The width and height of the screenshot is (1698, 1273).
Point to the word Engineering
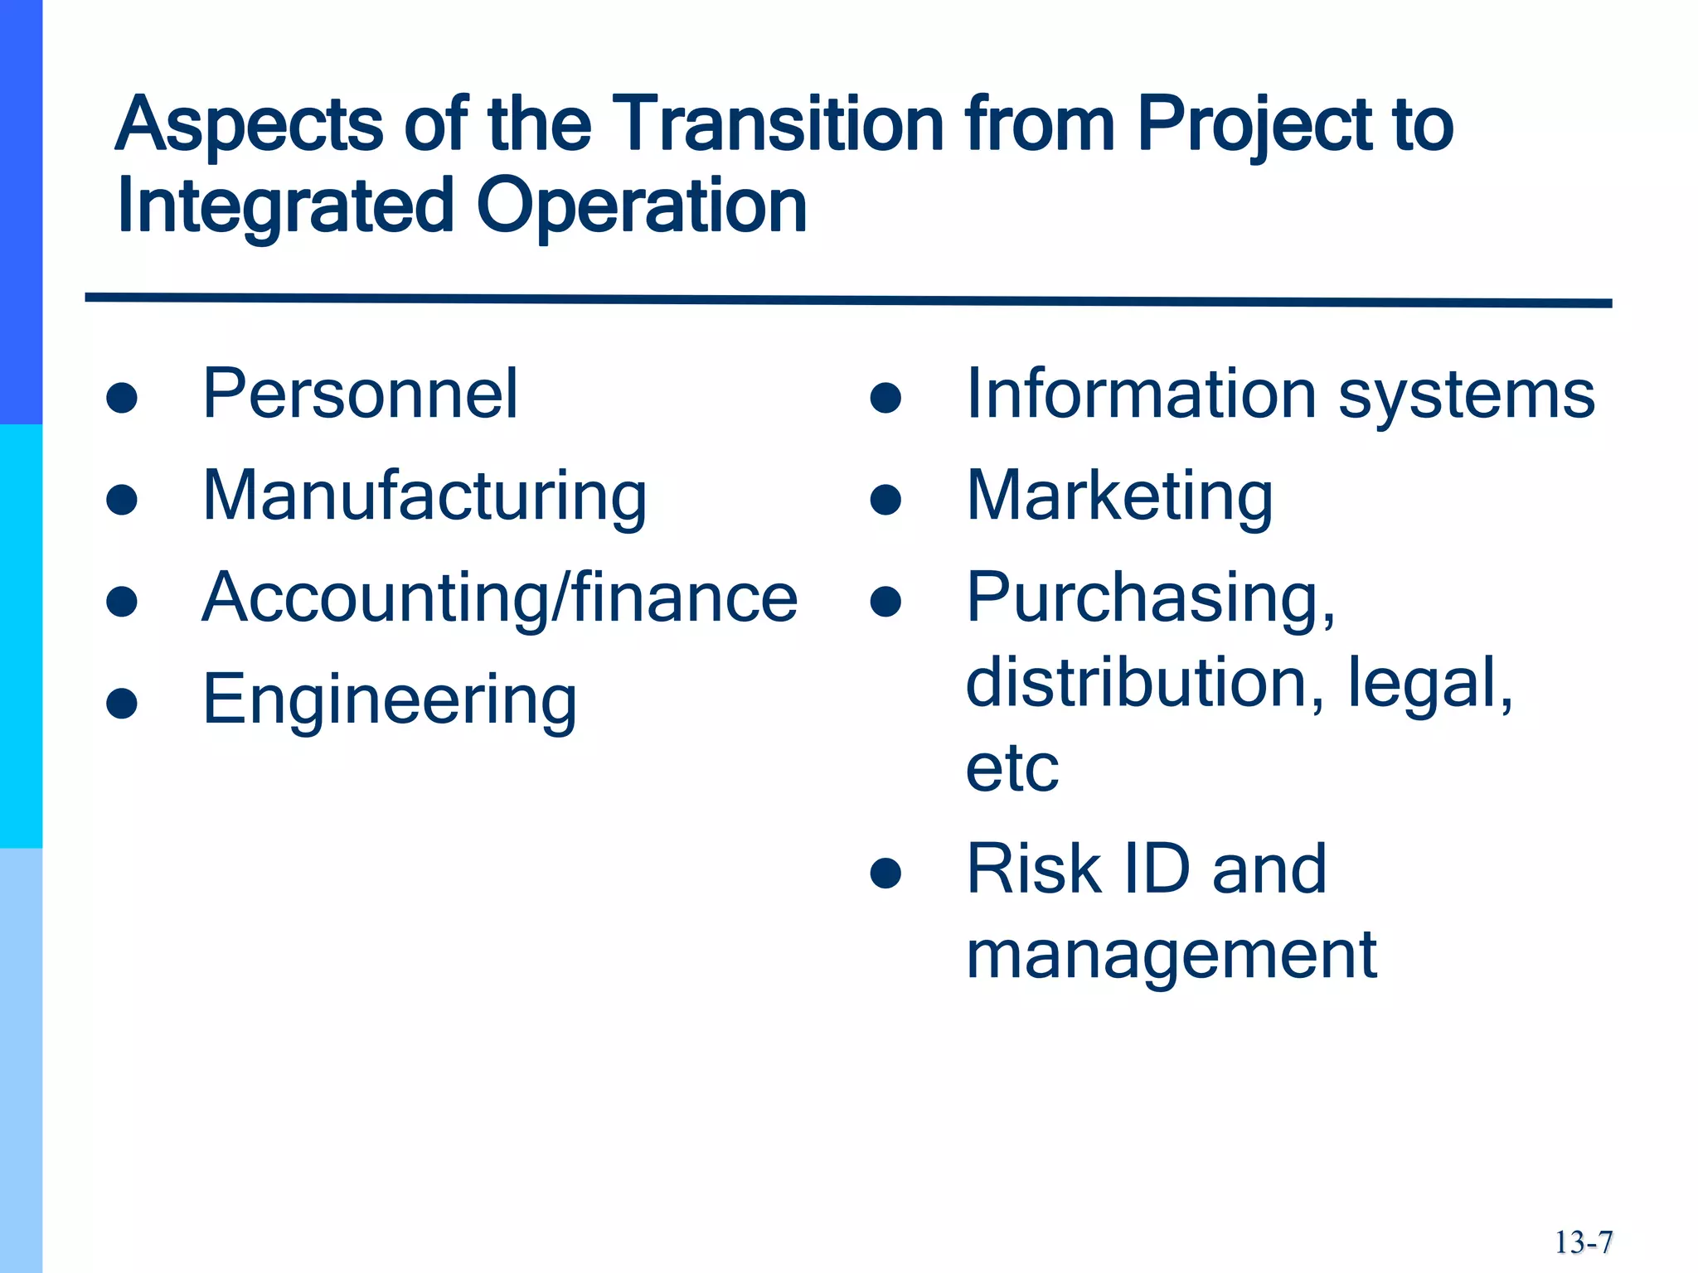(x=390, y=700)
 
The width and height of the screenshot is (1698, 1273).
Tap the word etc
(x=1012, y=767)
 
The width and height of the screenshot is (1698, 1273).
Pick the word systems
(x=1467, y=396)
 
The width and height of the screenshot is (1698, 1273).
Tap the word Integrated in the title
(x=286, y=207)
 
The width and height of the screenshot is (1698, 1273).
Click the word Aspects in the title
(x=249, y=126)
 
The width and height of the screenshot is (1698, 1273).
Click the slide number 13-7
(x=1583, y=1242)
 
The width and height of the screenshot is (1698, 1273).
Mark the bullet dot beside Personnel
(x=122, y=397)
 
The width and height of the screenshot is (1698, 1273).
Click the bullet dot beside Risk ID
(x=885, y=873)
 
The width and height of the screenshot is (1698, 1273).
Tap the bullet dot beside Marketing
(x=885, y=500)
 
